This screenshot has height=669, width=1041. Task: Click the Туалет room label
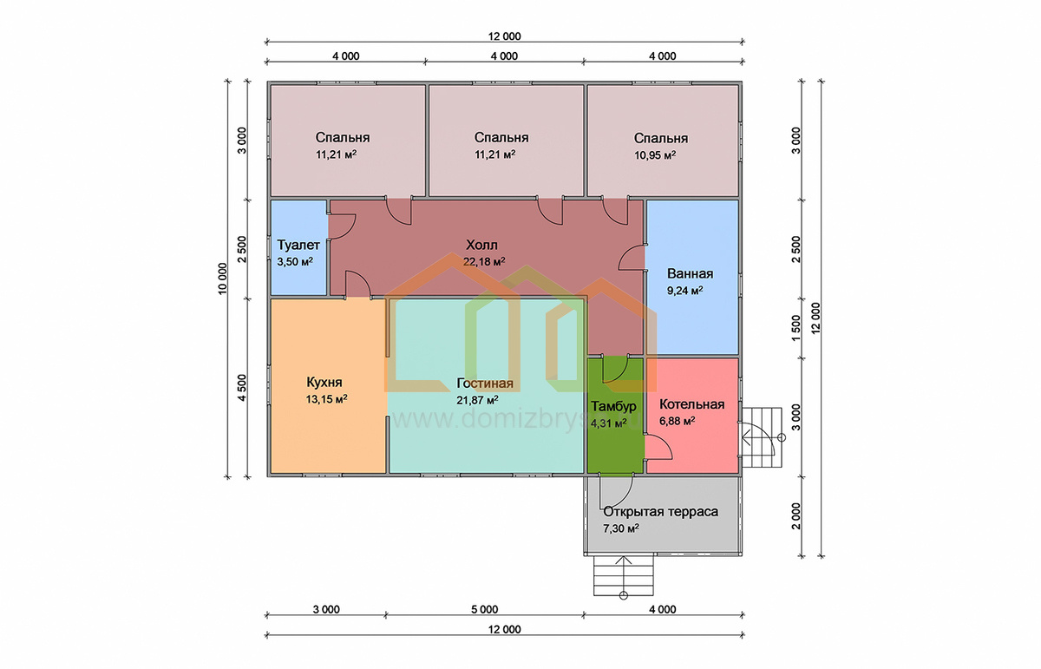(298, 245)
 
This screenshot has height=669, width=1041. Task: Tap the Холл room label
(482, 245)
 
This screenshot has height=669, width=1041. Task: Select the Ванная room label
(691, 274)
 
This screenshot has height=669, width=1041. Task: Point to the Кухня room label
(324, 383)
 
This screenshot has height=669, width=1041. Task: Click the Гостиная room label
(485, 383)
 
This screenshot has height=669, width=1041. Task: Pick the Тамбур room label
(613, 407)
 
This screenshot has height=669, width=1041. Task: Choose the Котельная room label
(692, 404)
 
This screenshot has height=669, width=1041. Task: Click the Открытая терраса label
(661, 512)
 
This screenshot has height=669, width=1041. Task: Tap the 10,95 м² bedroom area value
(655, 155)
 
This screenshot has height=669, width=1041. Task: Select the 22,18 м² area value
(484, 262)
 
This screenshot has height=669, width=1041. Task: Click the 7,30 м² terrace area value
(621, 528)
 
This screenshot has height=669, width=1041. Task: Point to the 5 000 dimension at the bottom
(484, 609)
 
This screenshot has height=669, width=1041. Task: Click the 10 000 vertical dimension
(223, 279)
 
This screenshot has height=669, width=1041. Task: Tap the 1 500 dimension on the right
(796, 328)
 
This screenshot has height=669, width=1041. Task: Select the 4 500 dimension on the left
(242, 388)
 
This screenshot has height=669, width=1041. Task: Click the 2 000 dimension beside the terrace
(796, 516)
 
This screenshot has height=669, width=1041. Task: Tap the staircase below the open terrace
(624, 576)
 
